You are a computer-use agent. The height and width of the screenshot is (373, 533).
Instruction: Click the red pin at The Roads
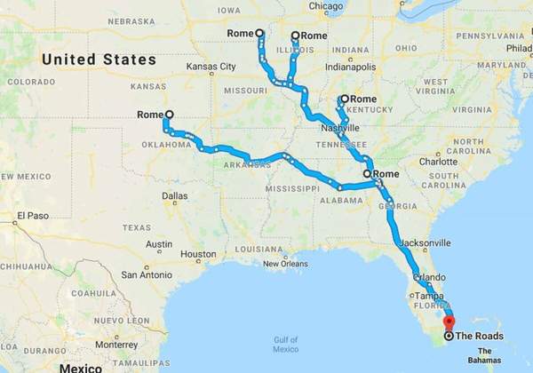[448, 322]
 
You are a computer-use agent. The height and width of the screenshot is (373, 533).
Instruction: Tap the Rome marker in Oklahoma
[169, 114]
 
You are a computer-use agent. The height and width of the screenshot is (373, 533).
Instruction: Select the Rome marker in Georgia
[367, 174]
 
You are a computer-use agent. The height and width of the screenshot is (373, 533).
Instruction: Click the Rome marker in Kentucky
[344, 99]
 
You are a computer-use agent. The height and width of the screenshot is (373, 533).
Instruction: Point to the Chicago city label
[325, 6]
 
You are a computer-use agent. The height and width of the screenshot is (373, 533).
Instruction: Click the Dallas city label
[175, 195]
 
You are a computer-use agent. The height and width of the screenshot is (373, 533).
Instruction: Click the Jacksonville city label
[426, 242]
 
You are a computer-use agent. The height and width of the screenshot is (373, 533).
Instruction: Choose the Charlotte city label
[438, 162]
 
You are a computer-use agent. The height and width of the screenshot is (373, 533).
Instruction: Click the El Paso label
[30, 216]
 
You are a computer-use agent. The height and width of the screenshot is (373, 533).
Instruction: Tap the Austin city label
[159, 244]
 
